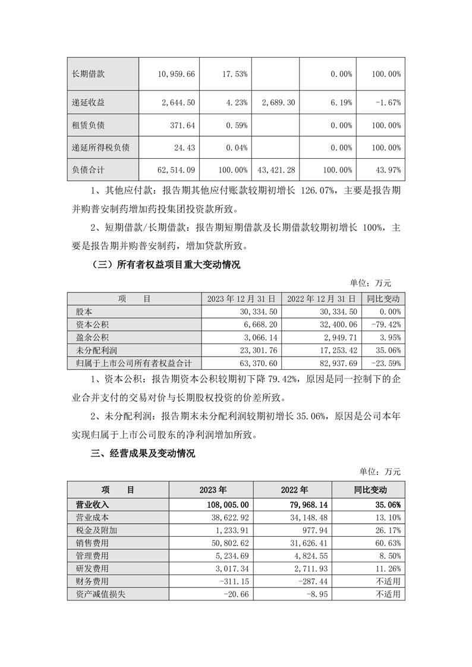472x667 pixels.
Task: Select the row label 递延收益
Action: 88,103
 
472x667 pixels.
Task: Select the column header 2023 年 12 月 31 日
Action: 240,299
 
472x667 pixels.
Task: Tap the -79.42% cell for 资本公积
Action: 384,325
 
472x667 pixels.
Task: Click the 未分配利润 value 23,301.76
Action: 253,350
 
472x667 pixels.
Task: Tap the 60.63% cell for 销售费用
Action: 386,543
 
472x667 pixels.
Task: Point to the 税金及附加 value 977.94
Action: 322,530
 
